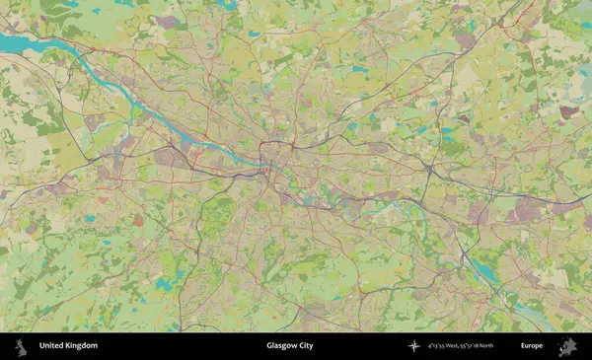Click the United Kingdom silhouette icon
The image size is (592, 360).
[x=20, y=346]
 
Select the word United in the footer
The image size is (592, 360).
[x=52, y=346]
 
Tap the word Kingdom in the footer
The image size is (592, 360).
[x=82, y=346]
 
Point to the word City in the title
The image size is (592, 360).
[x=306, y=346]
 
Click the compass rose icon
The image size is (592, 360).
[x=414, y=346]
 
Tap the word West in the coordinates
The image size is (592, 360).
[x=461, y=346]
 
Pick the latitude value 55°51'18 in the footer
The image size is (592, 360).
[x=484, y=346]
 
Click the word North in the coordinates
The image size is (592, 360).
[x=509, y=346]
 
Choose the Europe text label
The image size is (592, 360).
[x=532, y=346]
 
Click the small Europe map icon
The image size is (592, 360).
[x=567, y=346]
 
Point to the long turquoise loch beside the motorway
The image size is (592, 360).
[x=485, y=267]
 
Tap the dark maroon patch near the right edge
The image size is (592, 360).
[x=567, y=111]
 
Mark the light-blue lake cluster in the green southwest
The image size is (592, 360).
[x=163, y=283]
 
